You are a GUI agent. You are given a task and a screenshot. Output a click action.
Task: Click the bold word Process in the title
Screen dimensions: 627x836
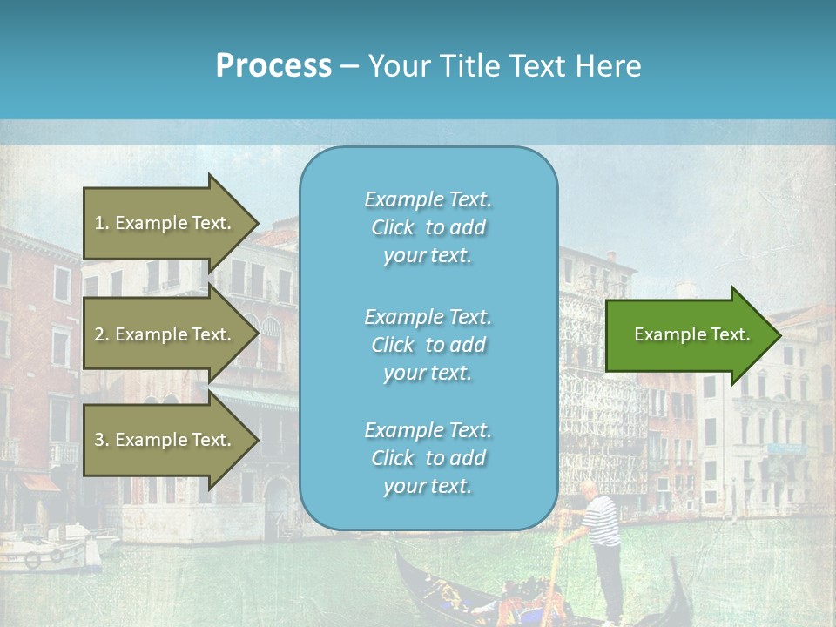273,66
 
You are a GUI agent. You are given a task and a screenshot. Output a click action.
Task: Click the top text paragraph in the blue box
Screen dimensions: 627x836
428,227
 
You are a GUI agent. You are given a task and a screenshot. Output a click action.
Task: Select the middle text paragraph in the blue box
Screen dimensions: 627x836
428,345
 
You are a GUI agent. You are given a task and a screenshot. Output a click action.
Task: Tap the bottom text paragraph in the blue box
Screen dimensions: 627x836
428,458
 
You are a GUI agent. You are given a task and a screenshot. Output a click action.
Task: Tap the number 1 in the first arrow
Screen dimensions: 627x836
99,223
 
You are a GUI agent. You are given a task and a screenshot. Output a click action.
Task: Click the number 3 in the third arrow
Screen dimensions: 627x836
99,440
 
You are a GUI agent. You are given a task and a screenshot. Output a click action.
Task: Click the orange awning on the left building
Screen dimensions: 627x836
38,482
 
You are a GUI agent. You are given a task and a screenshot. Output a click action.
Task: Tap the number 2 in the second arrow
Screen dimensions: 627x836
99,334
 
